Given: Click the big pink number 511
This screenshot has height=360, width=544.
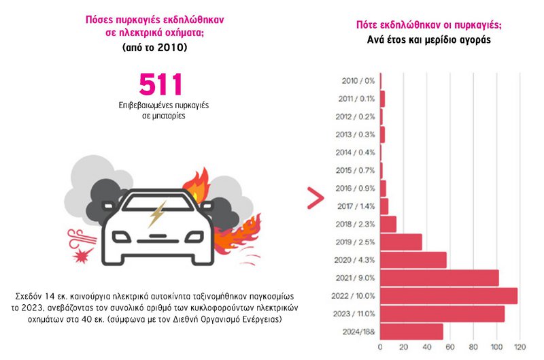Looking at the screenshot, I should (161, 85).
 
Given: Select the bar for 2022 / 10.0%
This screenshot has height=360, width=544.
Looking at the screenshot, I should (449, 296).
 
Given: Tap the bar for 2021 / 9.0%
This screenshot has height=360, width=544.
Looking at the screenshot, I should (439, 278).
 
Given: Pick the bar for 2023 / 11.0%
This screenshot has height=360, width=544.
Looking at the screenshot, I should (442, 314).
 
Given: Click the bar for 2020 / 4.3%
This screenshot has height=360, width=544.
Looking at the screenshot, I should (413, 260).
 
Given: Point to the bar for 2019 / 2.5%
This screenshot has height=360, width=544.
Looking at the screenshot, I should (401, 242).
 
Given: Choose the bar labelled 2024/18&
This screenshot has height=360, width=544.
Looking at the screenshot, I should (411, 331).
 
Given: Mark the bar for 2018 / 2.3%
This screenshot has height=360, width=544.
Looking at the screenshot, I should (388, 224).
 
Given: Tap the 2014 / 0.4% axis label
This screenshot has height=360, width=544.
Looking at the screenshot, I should (356, 152).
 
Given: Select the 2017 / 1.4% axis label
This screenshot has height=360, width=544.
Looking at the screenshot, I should (356, 206).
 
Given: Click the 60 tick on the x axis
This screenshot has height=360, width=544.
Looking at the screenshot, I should (450, 348).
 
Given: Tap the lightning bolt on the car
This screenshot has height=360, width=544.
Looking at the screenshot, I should (156, 214).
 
